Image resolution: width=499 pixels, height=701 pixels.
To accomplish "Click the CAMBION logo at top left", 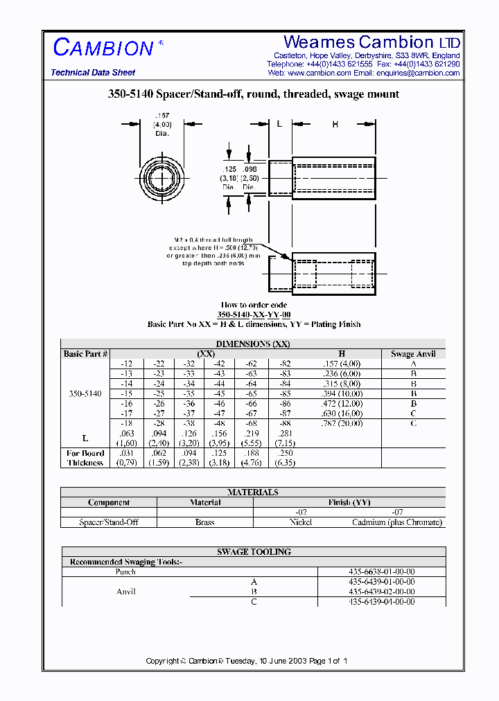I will click(x=103, y=48).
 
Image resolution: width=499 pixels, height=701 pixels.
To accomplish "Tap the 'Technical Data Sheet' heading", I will click(x=93, y=73).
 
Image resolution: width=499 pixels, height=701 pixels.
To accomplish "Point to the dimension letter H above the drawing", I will click(x=335, y=125).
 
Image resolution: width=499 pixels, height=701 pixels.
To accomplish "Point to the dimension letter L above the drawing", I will click(x=279, y=125).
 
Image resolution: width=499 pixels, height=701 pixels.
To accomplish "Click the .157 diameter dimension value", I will click(x=162, y=115).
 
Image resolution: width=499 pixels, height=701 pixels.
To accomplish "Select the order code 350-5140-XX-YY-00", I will click(x=254, y=314).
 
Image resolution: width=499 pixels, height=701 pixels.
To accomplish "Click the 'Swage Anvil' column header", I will click(x=413, y=354).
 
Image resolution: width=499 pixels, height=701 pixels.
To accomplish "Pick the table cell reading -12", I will click(x=126, y=364).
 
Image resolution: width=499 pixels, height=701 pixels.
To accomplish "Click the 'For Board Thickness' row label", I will click(x=85, y=458).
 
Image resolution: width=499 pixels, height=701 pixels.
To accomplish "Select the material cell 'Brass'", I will click(x=205, y=522).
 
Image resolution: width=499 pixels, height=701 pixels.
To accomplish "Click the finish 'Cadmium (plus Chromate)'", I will click(x=396, y=522).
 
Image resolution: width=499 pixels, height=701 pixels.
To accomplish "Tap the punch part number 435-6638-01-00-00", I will click(x=381, y=572).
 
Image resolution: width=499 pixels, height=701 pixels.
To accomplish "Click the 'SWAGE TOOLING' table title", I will click(x=254, y=552).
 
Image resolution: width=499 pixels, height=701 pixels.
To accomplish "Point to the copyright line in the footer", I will click(x=247, y=661).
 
